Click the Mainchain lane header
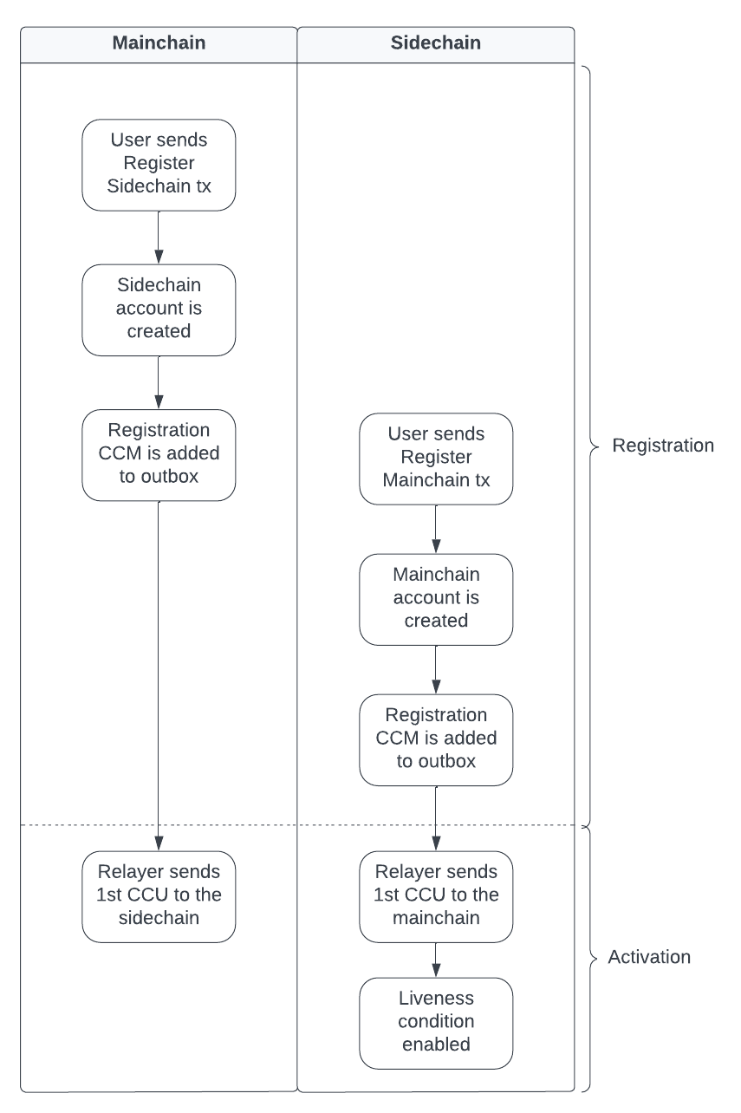159,42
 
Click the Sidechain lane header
435,42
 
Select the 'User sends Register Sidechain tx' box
159,165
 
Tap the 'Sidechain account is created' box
159,309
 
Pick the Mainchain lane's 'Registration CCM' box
159,454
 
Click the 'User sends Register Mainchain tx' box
435,458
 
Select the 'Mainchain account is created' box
435,598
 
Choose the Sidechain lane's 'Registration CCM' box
435,739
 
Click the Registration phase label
662,446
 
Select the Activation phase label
649,958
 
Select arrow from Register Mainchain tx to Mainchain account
435,528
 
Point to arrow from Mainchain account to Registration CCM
435,669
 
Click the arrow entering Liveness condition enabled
435,960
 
